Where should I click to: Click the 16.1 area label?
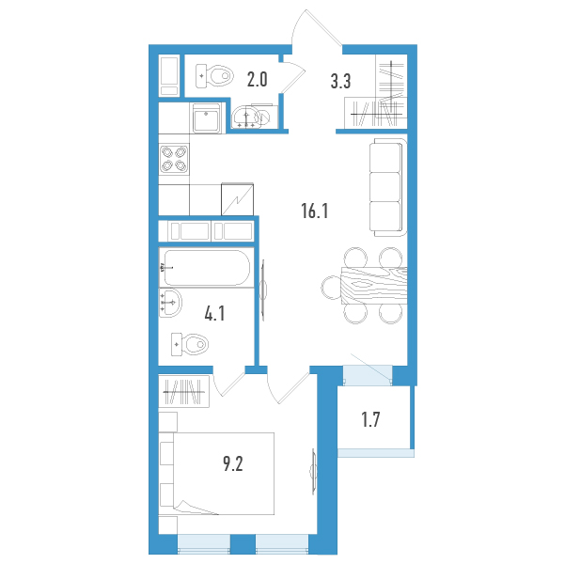tap(315, 211)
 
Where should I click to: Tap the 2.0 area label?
tap(257, 80)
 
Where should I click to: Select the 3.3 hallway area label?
tap(340, 81)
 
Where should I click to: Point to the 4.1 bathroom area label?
tap(214, 313)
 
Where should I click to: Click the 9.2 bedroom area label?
tap(233, 463)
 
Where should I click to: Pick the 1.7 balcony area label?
tap(370, 419)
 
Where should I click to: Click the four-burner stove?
tap(174, 159)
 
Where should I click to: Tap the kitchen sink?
tap(206, 118)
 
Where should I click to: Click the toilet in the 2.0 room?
tap(214, 76)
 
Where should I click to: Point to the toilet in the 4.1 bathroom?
tap(190, 344)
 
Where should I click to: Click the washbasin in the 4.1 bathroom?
tap(170, 303)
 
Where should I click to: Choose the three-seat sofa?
tap(387, 187)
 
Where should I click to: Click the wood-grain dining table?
tap(373, 286)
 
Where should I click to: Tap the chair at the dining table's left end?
tap(331, 288)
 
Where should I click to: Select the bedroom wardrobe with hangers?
tap(184, 392)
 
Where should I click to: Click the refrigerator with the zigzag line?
tap(237, 199)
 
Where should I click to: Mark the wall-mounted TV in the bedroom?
tap(314, 472)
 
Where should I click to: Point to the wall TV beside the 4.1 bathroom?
tap(263, 290)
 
